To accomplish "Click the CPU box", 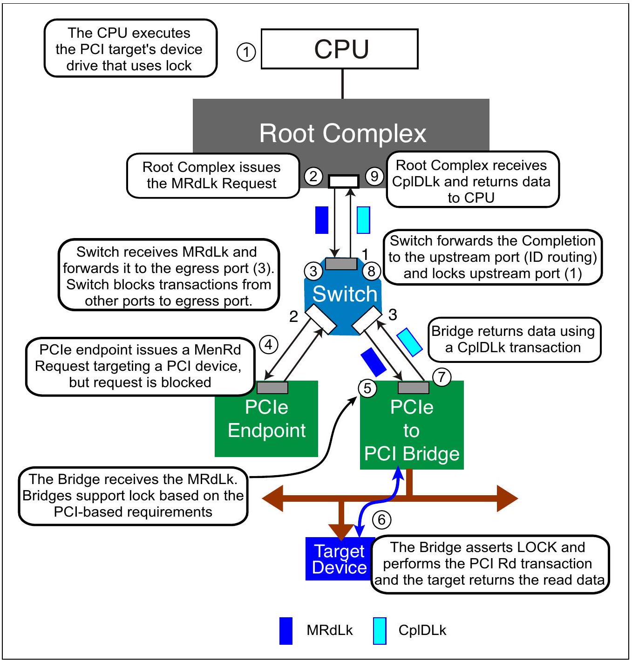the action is point(340,49).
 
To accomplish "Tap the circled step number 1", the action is point(246,52).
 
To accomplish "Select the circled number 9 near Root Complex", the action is point(374,176).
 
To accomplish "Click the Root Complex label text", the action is point(342,133).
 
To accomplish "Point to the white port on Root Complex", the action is point(344,181).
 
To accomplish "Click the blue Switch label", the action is point(345,294).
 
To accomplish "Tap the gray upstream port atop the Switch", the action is point(341,264).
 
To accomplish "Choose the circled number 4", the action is point(269,345).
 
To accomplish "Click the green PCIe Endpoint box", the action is point(266,419).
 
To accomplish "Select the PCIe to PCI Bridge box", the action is point(412,425).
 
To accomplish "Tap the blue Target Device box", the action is point(339,559).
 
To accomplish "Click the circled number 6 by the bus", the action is point(381,519).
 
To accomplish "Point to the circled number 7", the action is point(442,377).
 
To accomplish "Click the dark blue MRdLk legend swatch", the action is point(285,631).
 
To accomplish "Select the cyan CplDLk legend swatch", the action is point(380,631).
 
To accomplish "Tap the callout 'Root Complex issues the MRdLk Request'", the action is point(213,176).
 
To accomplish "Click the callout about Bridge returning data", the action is point(514,340).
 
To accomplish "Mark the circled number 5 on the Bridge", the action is point(367,388).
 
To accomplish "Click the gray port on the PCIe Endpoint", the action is point(272,388).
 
